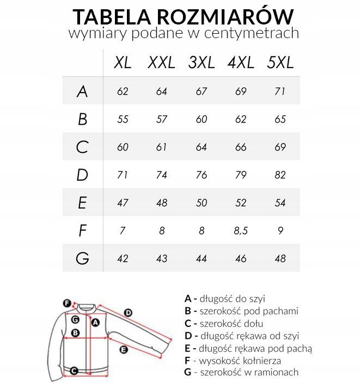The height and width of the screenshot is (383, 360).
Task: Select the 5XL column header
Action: [x=280, y=63]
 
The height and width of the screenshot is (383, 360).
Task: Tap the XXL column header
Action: [x=161, y=63]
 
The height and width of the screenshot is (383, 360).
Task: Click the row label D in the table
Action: [x=82, y=175]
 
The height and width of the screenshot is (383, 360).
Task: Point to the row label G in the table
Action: [x=82, y=258]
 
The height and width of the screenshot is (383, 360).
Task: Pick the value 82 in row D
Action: [x=280, y=175]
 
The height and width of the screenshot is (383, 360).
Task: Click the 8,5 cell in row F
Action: [x=241, y=231]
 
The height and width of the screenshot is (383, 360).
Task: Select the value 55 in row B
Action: [x=123, y=119]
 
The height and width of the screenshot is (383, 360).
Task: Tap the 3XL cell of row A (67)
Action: [x=202, y=91]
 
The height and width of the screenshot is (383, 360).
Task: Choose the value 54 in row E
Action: [x=280, y=202]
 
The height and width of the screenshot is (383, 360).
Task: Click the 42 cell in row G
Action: [x=123, y=258]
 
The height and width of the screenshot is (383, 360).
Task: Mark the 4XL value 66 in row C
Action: [x=241, y=147]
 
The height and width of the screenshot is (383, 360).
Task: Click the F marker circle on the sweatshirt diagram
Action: [x=66, y=303]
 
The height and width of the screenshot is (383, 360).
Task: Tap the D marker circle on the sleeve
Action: [x=128, y=312]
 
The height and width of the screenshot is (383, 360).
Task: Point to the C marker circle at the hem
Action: [x=75, y=371]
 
